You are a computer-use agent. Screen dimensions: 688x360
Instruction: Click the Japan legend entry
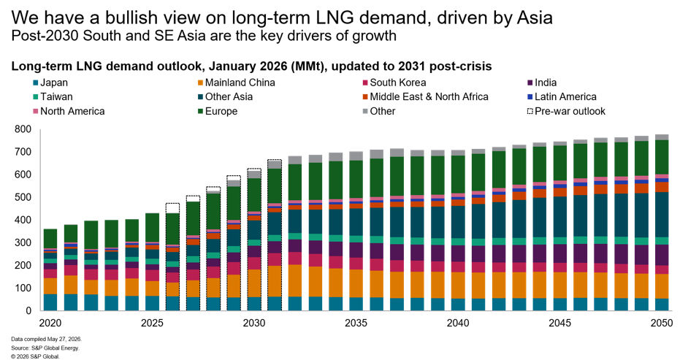[x=50, y=83]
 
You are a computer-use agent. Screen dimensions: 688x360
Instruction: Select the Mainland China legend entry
[x=237, y=83]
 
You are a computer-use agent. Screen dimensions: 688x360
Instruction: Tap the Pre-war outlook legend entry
[x=566, y=112]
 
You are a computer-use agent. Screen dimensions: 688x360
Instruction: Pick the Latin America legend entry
[x=562, y=97]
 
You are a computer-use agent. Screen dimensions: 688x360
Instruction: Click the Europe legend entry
[x=218, y=112]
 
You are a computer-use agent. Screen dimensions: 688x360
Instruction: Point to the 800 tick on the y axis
[x=23, y=129]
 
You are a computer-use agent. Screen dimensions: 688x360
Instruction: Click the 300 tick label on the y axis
[x=23, y=242]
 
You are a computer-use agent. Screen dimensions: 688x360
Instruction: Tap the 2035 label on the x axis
[x=356, y=323]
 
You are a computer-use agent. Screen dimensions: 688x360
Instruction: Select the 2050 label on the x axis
[x=661, y=323]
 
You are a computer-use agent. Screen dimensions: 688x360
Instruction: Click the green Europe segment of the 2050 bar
[x=661, y=157]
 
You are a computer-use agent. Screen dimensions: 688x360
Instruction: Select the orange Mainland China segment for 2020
[x=50, y=286]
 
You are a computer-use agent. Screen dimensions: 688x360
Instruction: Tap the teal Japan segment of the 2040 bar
[x=458, y=305]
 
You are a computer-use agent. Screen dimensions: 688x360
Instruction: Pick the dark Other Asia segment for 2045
[x=559, y=217]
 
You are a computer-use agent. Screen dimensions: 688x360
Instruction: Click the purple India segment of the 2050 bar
[x=661, y=255]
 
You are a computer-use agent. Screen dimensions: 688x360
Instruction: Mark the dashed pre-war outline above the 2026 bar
[x=172, y=204]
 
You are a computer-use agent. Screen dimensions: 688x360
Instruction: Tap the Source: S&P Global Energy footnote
[x=45, y=348]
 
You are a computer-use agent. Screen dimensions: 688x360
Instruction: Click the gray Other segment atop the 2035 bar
[x=356, y=156]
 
